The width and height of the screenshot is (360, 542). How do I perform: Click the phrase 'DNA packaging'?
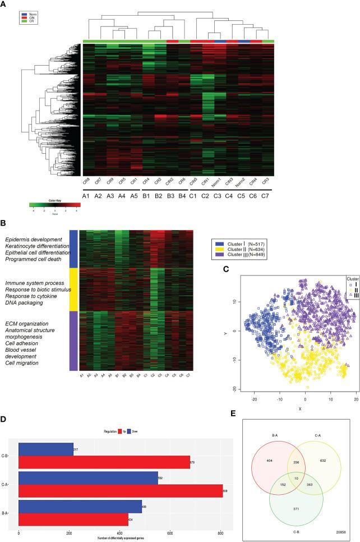tap(25, 287)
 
